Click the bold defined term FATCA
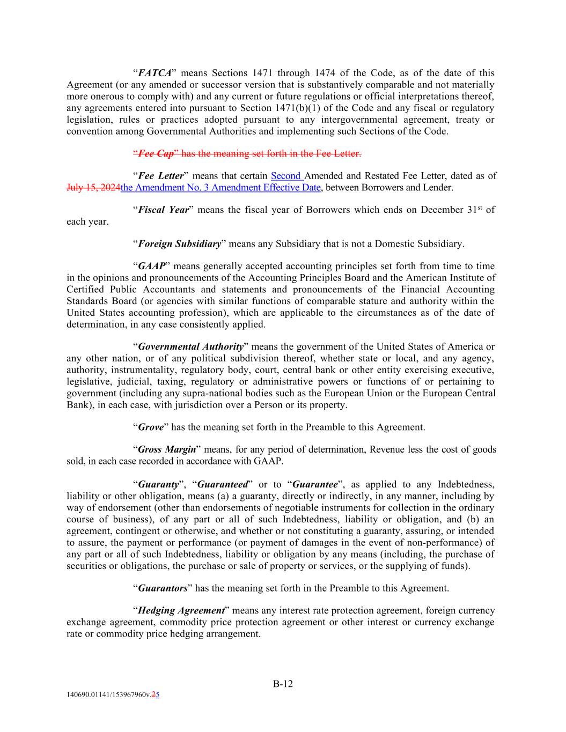click(155, 73)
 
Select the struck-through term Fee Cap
click(156, 154)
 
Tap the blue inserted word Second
click(286, 176)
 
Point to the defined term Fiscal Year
click(163, 210)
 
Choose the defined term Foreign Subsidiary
click(179, 244)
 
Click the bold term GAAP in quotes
click(151, 266)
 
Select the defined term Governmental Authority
click(190, 347)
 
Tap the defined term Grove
click(151, 427)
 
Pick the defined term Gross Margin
click(167, 449)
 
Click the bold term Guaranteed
click(222, 484)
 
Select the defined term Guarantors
click(163, 588)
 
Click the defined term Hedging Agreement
click(181, 611)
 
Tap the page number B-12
click(283, 684)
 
